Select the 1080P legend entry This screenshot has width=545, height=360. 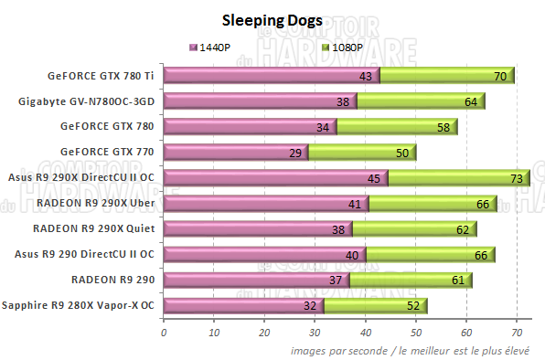[x=345, y=47]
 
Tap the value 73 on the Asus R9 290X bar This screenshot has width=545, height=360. [x=516, y=178]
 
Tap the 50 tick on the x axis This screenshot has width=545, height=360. [x=416, y=334]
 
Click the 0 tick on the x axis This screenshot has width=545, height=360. [x=164, y=334]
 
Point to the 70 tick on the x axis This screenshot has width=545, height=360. [x=517, y=334]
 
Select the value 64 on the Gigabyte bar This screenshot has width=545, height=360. [x=471, y=102]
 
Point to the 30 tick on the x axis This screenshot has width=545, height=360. [x=315, y=334]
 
